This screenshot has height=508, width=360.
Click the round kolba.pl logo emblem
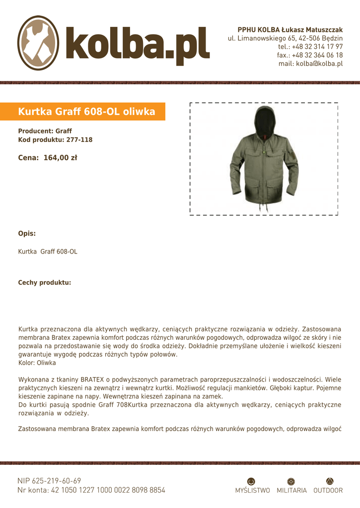point(38,43)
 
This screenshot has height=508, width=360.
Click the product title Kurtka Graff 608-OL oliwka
point(86,112)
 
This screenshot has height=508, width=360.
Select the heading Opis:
point(27,233)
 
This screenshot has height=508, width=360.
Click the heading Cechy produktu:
point(45,282)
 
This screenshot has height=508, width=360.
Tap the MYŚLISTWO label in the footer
point(252,490)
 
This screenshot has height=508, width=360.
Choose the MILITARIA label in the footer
point(291,490)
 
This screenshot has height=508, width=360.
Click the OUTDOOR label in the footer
point(328,490)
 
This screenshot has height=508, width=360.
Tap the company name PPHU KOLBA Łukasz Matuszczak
point(290,30)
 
